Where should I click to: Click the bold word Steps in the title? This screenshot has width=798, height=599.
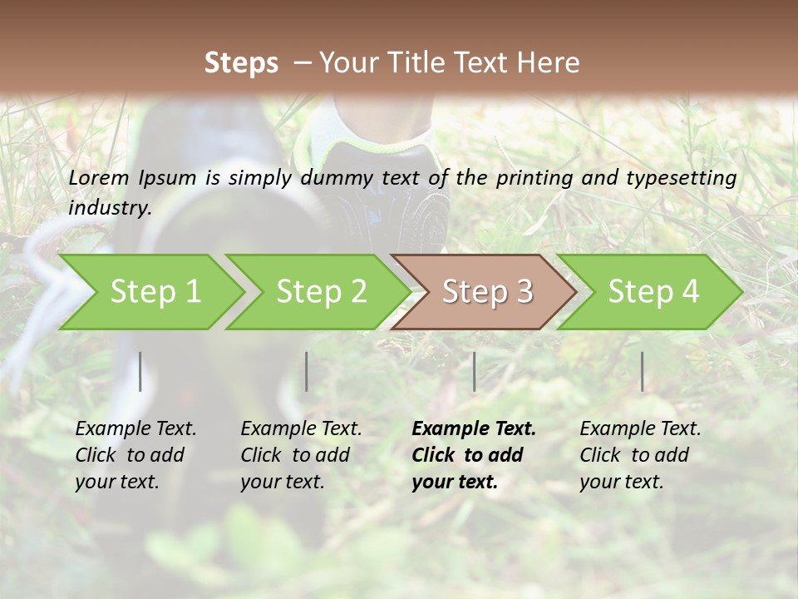(x=241, y=63)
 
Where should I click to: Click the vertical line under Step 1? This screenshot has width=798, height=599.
(x=140, y=371)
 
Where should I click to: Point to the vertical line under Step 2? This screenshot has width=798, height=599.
(x=307, y=371)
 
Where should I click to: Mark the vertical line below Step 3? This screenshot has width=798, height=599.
(x=474, y=371)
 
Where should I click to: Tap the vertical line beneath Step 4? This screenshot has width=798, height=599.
(x=642, y=371)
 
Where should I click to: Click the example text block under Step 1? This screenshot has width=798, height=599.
(x=135, y=455)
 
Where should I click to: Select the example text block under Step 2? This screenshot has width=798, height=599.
(x=301, y=455)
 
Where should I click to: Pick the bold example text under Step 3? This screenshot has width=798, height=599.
(x=474, y=455)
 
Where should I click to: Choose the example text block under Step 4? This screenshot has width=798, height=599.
(x=640, y=455)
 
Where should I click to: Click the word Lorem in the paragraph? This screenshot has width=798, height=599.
(x=99, y=177)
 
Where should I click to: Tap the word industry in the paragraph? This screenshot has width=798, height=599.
(x=110, y=207)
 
